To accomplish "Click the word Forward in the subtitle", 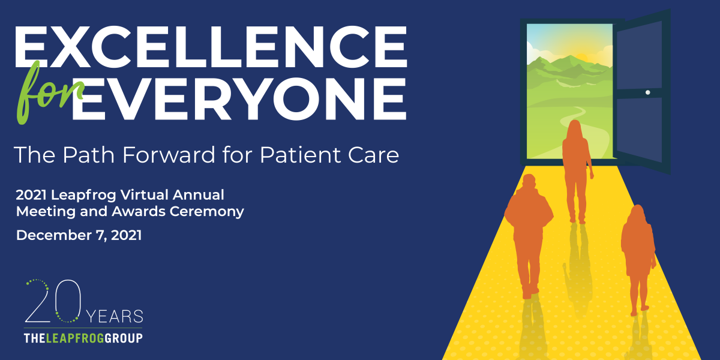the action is click(169, 155).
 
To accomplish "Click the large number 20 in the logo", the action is click(53, 301).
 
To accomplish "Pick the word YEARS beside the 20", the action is click(115, 317).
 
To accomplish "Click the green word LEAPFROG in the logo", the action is click(75, 338).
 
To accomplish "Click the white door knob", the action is click(647, 92).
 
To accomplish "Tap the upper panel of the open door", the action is click(640, 55).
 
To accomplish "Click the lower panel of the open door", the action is click(640, 129).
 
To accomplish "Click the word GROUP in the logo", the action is click(124, 338).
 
